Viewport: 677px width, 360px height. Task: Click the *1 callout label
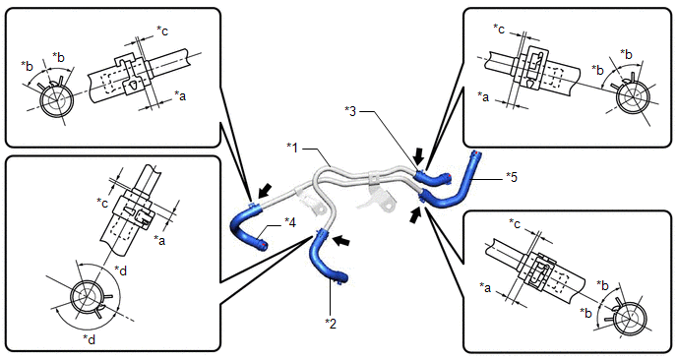292,148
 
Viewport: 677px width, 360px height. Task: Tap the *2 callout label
331,324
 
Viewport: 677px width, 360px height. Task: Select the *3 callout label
350,111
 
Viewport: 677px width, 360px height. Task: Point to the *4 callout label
290,222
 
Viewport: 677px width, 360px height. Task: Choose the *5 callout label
512,177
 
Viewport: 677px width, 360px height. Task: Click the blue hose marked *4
243,224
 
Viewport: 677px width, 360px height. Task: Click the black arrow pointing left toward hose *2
343,240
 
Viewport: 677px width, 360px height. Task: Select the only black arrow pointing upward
415,214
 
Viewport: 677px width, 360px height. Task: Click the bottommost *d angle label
89,339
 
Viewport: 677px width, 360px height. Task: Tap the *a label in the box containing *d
159,240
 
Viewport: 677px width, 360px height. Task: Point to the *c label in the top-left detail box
162,31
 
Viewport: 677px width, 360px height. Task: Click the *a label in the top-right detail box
483,96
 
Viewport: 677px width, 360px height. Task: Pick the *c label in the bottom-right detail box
515,223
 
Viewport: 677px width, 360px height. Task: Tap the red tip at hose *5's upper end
476,153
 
